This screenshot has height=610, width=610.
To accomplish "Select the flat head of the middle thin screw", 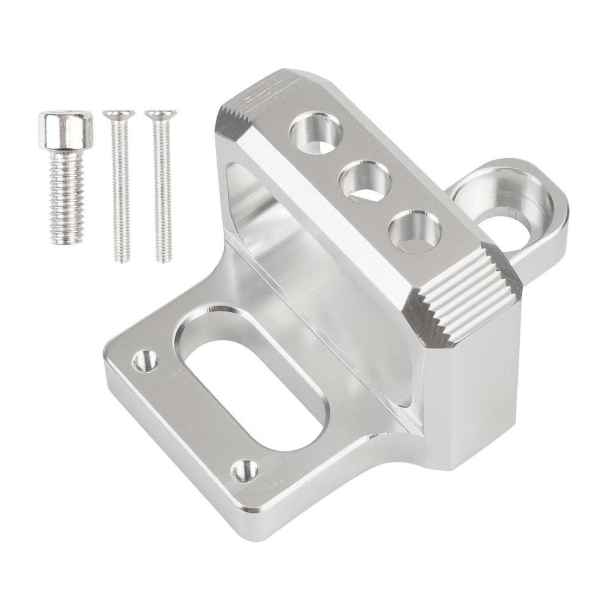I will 118,114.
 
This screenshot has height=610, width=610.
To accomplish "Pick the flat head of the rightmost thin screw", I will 160,114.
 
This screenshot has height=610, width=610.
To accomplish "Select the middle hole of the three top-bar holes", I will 365,181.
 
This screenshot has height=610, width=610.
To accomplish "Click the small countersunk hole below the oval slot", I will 245,470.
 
